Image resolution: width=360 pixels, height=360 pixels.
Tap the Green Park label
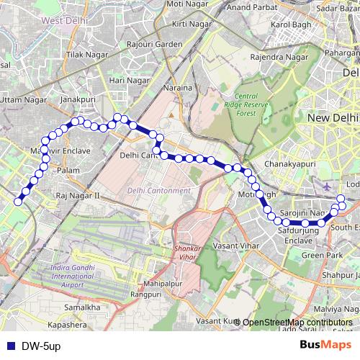coord(322,255)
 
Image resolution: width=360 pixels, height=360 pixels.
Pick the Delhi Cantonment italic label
coord(158,191)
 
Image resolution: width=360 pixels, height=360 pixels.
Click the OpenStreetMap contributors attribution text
coord(298,322)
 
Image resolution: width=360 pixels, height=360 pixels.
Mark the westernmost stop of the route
coord(18,202)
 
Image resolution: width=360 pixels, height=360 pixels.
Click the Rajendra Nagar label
coord(274,56)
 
